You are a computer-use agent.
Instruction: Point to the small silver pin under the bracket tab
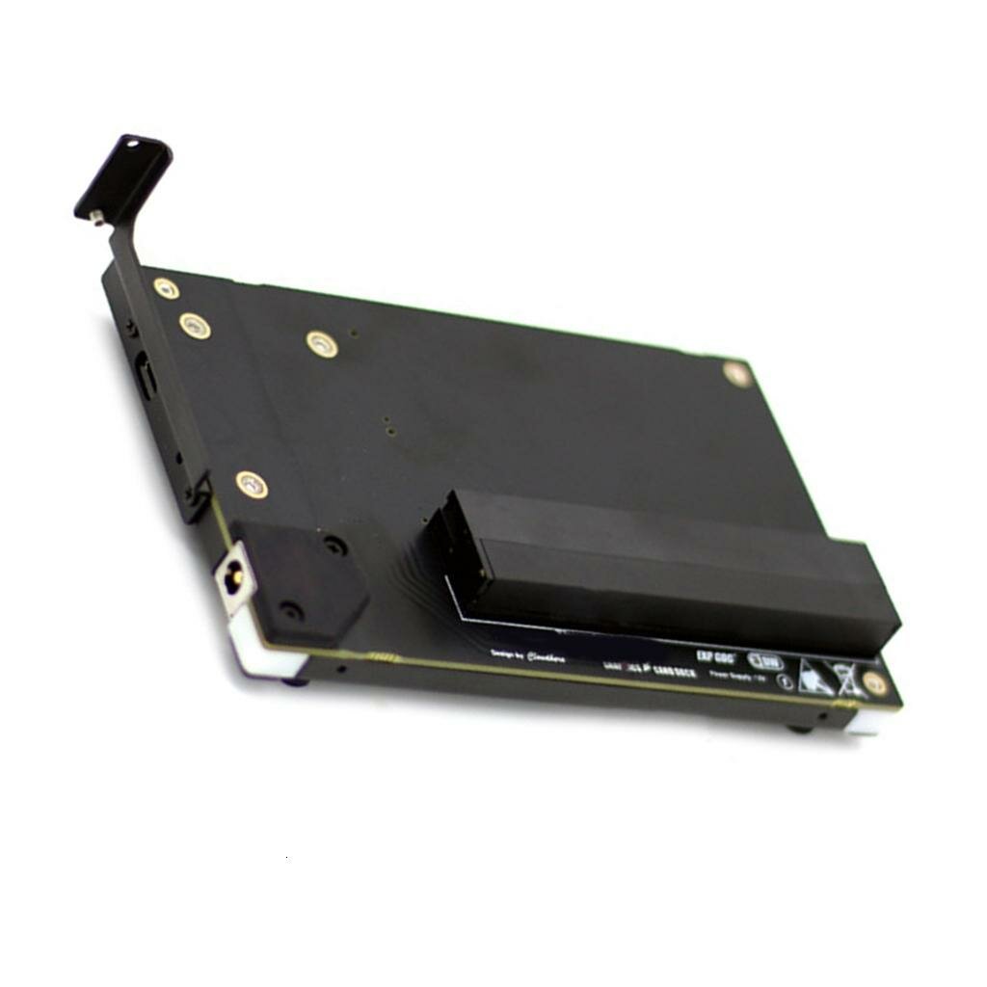pos(95,217)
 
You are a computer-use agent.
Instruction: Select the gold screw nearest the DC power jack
pos(252,484)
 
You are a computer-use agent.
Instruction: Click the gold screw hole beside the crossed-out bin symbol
pos(874,683)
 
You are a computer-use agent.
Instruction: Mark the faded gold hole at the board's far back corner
pos(736,373)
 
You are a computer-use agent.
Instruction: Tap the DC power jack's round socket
pos(232,580)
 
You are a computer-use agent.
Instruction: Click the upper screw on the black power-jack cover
pos(334,546)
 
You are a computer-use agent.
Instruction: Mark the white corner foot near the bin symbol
pos(863,722)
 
